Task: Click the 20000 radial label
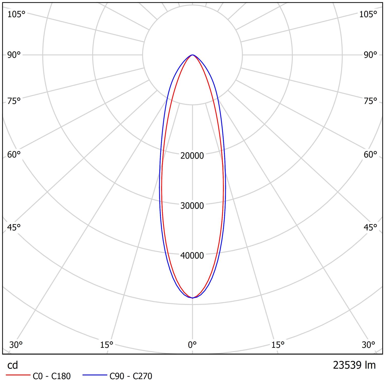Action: (192, 156)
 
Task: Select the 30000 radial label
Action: (192, 206)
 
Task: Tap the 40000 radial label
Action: (192, 255)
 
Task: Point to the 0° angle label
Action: (192, 345)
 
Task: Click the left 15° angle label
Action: (107, 345)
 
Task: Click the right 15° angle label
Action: (278, 345)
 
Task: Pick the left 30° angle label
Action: (16, 345)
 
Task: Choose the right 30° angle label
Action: (369, 345)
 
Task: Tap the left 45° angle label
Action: (14, 227)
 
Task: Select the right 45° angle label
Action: (370, 227)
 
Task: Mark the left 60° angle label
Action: (14, 155)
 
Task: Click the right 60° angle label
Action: (370, 155)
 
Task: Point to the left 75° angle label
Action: (14, 101)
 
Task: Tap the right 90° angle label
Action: (370, 55)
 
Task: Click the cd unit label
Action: (13, 365)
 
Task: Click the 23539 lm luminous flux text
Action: (354, 365)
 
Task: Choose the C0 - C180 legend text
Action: (52, 376)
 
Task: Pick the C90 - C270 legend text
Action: (131, 376)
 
